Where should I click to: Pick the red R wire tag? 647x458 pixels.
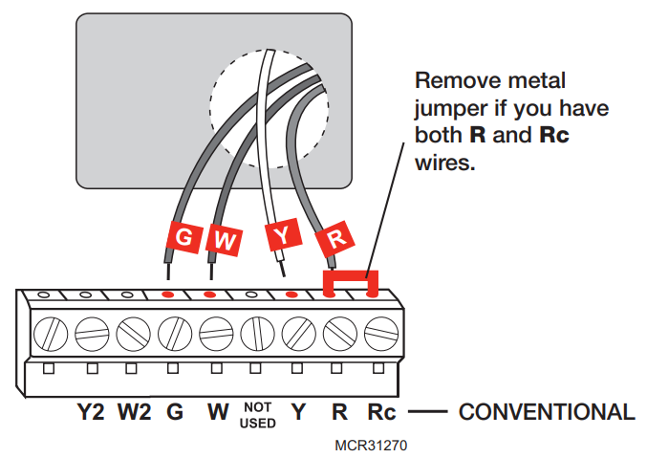click(x=334, y=235)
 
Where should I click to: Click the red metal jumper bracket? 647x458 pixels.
click(x=351, y=280)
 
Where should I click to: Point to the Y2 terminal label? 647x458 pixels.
click(x=91, y=413)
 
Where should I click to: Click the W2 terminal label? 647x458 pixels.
click(x=133, y=413)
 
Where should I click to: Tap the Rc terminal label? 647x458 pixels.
click(x=380, y=413)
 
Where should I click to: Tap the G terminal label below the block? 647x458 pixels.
click(x=174, y=413)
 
